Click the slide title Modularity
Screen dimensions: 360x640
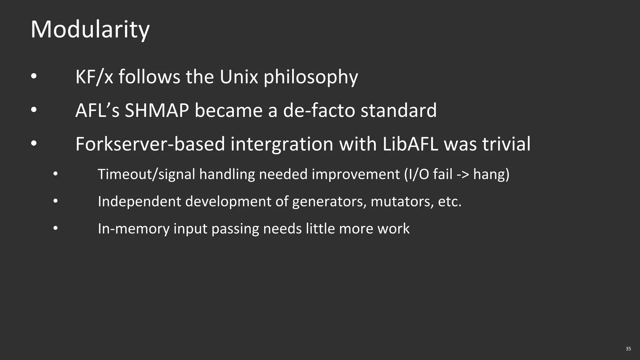(90, 30)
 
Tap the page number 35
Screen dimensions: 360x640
(628, 349)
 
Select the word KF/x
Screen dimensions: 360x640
(94, 77)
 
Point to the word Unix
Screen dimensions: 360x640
(239, 77)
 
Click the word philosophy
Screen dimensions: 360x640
(311, 78)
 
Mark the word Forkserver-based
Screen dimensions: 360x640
(150, 144)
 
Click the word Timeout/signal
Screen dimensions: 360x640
(146, 174)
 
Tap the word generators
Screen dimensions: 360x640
(329, 202)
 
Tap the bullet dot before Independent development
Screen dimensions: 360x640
(55, 201)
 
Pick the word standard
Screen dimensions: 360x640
(398, 111)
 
